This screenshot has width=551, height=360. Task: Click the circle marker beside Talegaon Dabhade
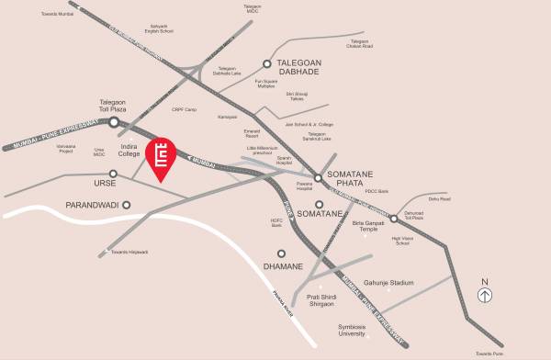267,64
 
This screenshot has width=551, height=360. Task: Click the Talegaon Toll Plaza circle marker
114,122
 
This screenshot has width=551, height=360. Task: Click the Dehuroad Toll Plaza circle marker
393,218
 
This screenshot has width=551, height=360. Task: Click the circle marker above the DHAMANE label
281,253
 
